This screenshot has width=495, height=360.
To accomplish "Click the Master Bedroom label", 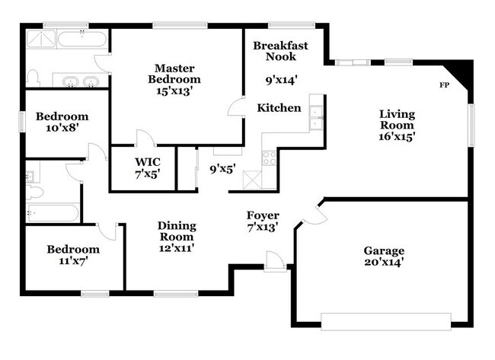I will click(177, 73).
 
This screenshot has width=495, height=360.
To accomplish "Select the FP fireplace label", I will click(444, 84).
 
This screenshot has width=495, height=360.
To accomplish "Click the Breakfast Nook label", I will click(281, 51).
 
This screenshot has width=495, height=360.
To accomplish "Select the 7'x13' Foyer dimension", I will click(262, 227).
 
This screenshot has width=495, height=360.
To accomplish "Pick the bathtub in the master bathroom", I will click(82, 39).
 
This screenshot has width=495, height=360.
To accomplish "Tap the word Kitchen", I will click(278, 108).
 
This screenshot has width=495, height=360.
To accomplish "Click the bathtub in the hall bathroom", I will click(50, 213).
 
